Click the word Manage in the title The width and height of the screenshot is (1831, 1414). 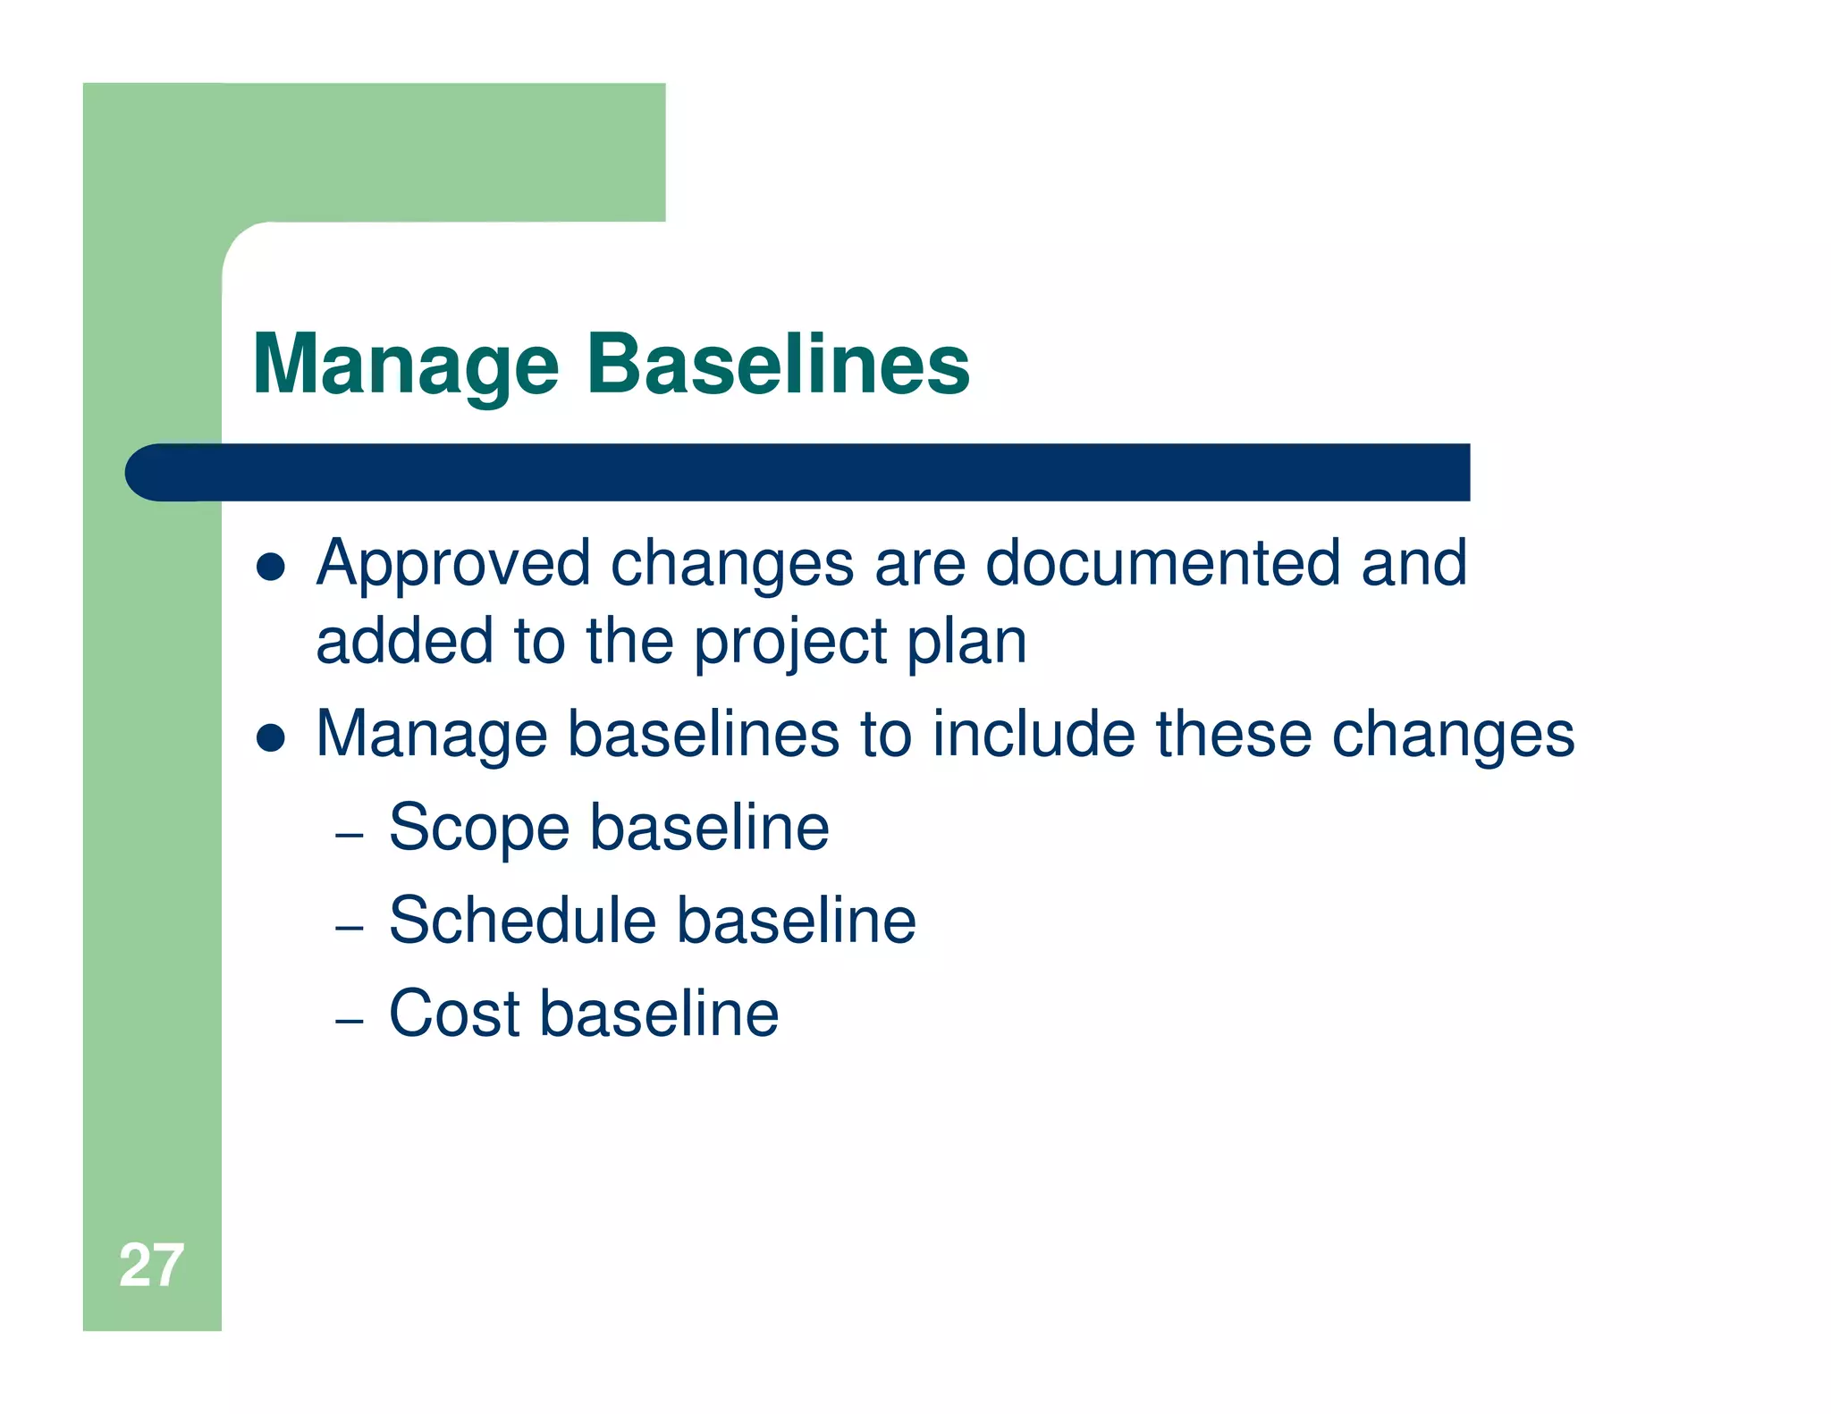click(406, 365)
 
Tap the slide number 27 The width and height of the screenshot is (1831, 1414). click(151, 1266)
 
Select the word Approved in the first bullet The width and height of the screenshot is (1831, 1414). click(453, 565)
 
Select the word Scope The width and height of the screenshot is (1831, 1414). click(479, 829)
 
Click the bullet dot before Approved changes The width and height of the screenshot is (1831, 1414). click(270, 567)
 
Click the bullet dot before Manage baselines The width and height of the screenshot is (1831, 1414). click(270, 737)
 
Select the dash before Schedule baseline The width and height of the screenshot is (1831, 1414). click(349, 929)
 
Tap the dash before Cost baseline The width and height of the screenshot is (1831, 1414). click(349, 1021)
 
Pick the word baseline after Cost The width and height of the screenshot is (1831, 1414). click(659, 1014)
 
